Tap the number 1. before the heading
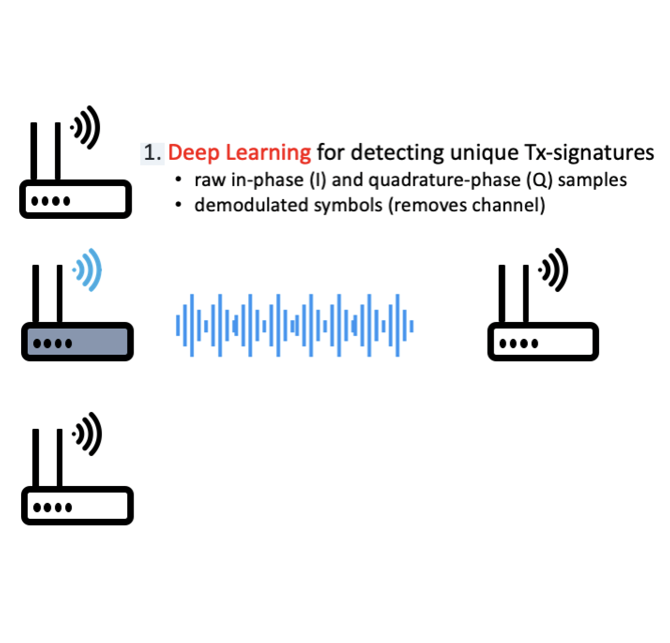point(152,153)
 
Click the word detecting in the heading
point(397,153)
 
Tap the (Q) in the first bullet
point(540,180)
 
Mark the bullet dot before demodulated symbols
point(178,205)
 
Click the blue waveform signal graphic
point(295,325)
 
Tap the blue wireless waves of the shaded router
point(89,270)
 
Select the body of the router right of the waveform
point(543,342)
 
